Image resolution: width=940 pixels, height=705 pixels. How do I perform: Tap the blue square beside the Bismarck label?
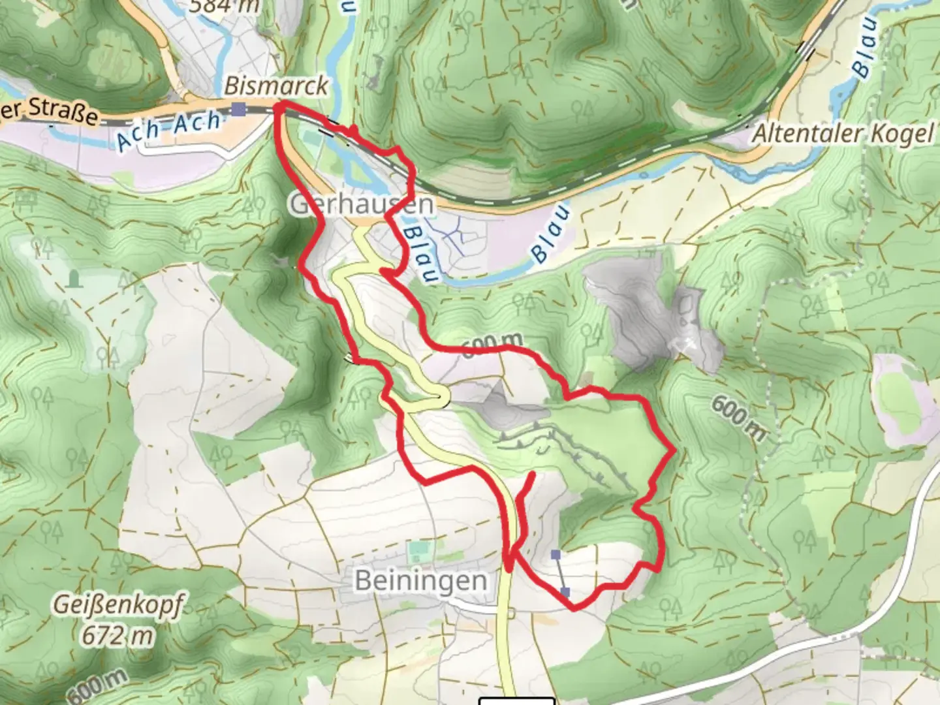click(x=241, y=109)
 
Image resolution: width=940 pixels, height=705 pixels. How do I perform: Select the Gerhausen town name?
click(x=361, y=204)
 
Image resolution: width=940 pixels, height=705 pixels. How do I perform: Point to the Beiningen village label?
click(x=420, y=580)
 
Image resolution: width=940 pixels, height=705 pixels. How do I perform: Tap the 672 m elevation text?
click(x=117, y=634)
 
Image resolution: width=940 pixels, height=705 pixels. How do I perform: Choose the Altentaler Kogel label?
click(x=843, y=134)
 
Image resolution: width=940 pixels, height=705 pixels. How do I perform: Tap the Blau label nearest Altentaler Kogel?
click(x=866, y=47)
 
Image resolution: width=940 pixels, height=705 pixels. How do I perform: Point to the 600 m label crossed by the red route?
click(x=494, y=343)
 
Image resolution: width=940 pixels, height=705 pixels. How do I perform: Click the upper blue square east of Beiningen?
click(x=556, y=555)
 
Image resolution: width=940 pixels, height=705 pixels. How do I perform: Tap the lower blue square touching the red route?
click(x=565, y=592)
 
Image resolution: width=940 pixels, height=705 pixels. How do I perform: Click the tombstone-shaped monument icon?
click(x=75, y=279)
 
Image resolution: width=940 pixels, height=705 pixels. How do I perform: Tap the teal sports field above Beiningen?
click(x=416, y=552)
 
